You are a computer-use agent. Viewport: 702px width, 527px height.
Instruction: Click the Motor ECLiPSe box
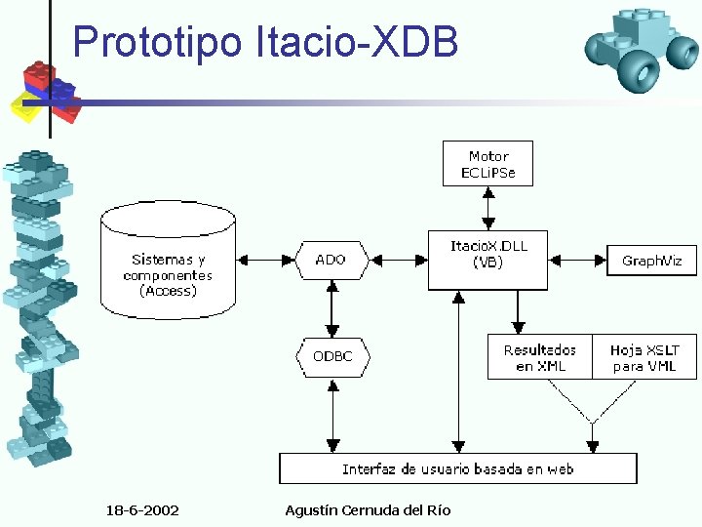(x=487, y=165)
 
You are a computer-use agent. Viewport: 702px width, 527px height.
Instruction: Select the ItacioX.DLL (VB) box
(x=487, y=259)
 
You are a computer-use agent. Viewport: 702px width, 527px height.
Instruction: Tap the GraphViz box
(x=651, y=260)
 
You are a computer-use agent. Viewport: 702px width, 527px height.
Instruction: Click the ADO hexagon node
(x=331, y=260)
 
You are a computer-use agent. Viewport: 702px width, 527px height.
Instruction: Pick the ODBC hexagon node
(x=332, y=357)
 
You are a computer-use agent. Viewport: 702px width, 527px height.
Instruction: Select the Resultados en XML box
(x=540, y=357)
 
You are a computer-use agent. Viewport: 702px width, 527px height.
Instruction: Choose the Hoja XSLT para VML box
(x=644, y=357)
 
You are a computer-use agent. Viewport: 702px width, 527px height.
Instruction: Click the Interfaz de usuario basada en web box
(x=457, y=468)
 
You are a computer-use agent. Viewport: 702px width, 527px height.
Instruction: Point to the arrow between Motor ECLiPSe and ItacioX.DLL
(x=487, y=209)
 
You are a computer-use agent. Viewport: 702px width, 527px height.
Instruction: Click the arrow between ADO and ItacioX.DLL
(x=397, y=260)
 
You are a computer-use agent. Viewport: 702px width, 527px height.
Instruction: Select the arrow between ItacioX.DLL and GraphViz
(x=577, y=260)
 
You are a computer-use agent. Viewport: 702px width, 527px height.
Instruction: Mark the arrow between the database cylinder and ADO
(x=265, y=260)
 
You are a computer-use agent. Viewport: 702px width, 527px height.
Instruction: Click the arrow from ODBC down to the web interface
(x=332, y=416)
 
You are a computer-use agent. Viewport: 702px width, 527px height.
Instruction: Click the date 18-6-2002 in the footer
(x=141, y=510)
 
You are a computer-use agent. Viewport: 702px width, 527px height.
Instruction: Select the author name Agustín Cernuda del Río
(x=368, y=510)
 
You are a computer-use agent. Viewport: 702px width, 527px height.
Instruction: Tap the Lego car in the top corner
(x=640, y=48)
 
